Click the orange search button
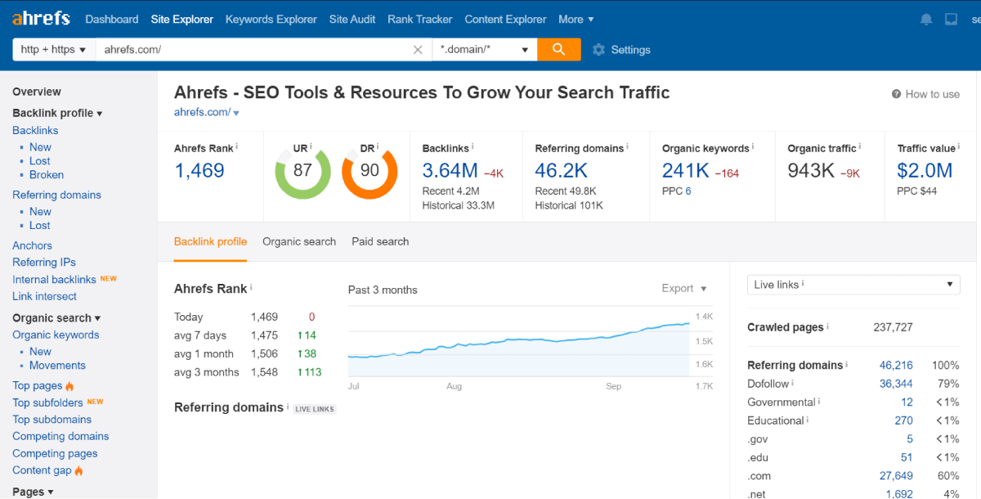click(559, 49)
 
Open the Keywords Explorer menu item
click(271, 19)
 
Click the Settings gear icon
click(598, 50)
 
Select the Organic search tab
click(299, 241)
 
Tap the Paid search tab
click(380, 241)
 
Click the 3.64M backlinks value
click(450, 170)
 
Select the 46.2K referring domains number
click(562, 170)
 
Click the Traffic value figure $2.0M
click(925, 170)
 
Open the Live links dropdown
click(853, 285)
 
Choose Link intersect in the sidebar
click(44, 296)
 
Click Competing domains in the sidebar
click(60, 436)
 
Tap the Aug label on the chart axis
click(455, 386)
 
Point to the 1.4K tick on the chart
click(704, 317)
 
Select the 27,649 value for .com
click(896, 475)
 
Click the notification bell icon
click(926, 19)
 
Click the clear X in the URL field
click(418, 50)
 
